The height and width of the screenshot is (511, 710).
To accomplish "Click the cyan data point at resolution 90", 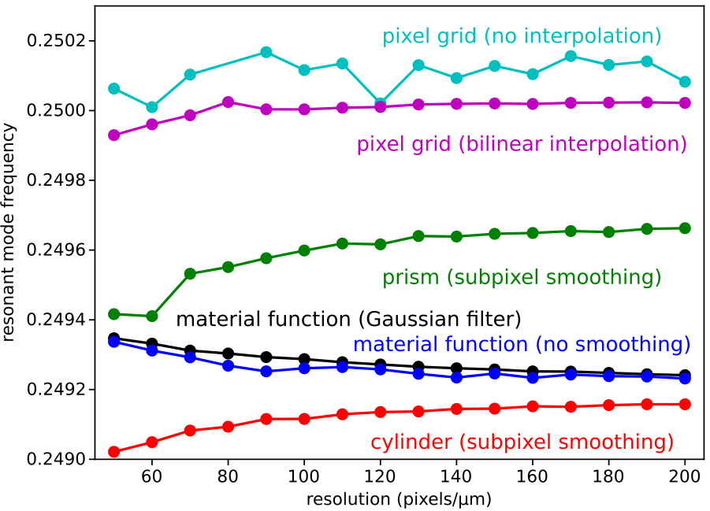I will [x=266, y=52].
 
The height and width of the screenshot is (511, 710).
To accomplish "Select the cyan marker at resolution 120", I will [x=381, y=104].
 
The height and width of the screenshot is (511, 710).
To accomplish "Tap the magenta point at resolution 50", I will [x=114, y=135].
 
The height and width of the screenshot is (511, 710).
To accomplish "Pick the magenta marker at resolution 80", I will [x=229, y=102].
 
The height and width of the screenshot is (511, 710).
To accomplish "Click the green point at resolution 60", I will [x=152, y=316].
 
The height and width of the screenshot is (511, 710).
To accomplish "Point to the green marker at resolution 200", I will [x=685, y=228].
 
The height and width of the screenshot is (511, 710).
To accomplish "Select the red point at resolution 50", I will [x=114, y=452].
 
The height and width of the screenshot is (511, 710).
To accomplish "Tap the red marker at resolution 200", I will [x=685, y=404].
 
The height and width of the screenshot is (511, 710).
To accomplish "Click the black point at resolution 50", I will [x=114, y=339].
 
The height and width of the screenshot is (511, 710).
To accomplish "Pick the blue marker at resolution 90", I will [x=266, y=371].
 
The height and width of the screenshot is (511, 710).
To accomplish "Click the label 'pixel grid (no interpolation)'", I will [x=522, y=36].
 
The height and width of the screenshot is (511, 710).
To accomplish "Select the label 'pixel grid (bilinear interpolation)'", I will [x=522, y=144].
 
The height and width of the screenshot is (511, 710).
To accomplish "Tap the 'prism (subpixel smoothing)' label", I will [x=522, y=277].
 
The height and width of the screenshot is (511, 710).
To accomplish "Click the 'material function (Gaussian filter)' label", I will [x=348, y=319].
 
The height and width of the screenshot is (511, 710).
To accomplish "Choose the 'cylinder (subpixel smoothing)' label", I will [x=522, y=442].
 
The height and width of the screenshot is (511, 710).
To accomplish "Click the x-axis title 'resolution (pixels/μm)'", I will [x=400, y=498].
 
